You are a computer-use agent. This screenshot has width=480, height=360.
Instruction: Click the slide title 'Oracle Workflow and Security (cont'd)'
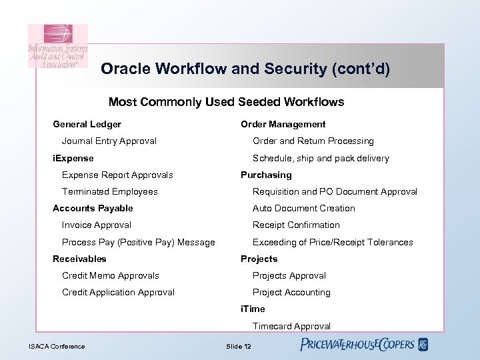pos(245,69)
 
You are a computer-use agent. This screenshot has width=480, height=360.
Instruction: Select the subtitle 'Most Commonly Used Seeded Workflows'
pos(226,102)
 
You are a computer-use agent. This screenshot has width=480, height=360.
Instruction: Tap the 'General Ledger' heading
pos(87,124)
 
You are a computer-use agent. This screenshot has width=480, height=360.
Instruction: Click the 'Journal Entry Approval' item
pos(109,141)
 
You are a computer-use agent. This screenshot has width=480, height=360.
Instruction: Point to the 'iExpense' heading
pos(73,158)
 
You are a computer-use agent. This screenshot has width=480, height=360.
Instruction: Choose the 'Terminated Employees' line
pos(109,191)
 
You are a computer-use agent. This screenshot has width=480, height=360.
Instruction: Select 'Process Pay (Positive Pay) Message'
pos(138,242)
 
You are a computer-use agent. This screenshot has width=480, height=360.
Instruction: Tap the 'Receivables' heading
pos(79,259)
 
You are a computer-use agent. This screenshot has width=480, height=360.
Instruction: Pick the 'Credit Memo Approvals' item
pos(110,275)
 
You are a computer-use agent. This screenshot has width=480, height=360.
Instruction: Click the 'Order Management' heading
pos(283,124)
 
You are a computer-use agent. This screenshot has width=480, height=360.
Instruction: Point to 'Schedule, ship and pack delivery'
pos(321,158)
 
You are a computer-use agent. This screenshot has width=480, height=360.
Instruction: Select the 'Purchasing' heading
pos(266,175)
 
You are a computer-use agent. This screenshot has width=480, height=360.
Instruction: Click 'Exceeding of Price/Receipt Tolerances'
pos(333,242)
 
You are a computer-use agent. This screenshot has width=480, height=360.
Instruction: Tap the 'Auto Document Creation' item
pos(303,208)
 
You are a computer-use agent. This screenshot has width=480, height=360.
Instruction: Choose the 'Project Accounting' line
pos(291,292)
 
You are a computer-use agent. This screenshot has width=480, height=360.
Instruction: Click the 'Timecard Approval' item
pos(291,326)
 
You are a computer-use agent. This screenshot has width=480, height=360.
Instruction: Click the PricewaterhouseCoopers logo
pos(363,345)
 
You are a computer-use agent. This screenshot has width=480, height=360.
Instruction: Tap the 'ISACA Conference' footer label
pos(57,346)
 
